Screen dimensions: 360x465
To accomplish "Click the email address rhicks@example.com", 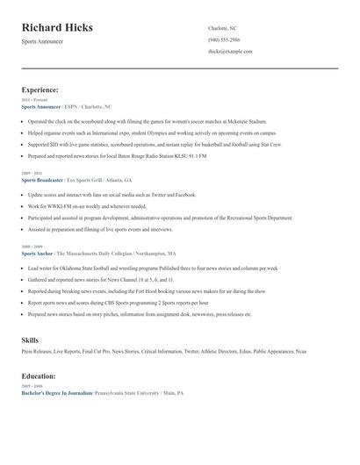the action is [x=230, y=52].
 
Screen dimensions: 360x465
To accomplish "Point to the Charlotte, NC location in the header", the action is [x=224, y=29].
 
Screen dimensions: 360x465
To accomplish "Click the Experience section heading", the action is [x=40, y=89].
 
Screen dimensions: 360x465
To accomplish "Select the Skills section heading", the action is [x=30, y=339].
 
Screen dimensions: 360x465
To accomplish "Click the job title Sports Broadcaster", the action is [x=41, y=179].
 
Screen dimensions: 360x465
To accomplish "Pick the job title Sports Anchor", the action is [x=37, y=253].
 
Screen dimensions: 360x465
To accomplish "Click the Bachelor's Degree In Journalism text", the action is [x=57, y=393].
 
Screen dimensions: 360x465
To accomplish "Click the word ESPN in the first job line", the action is [x=71, y=105].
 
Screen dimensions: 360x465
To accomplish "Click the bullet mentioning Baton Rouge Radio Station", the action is [x=118, y=155].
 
